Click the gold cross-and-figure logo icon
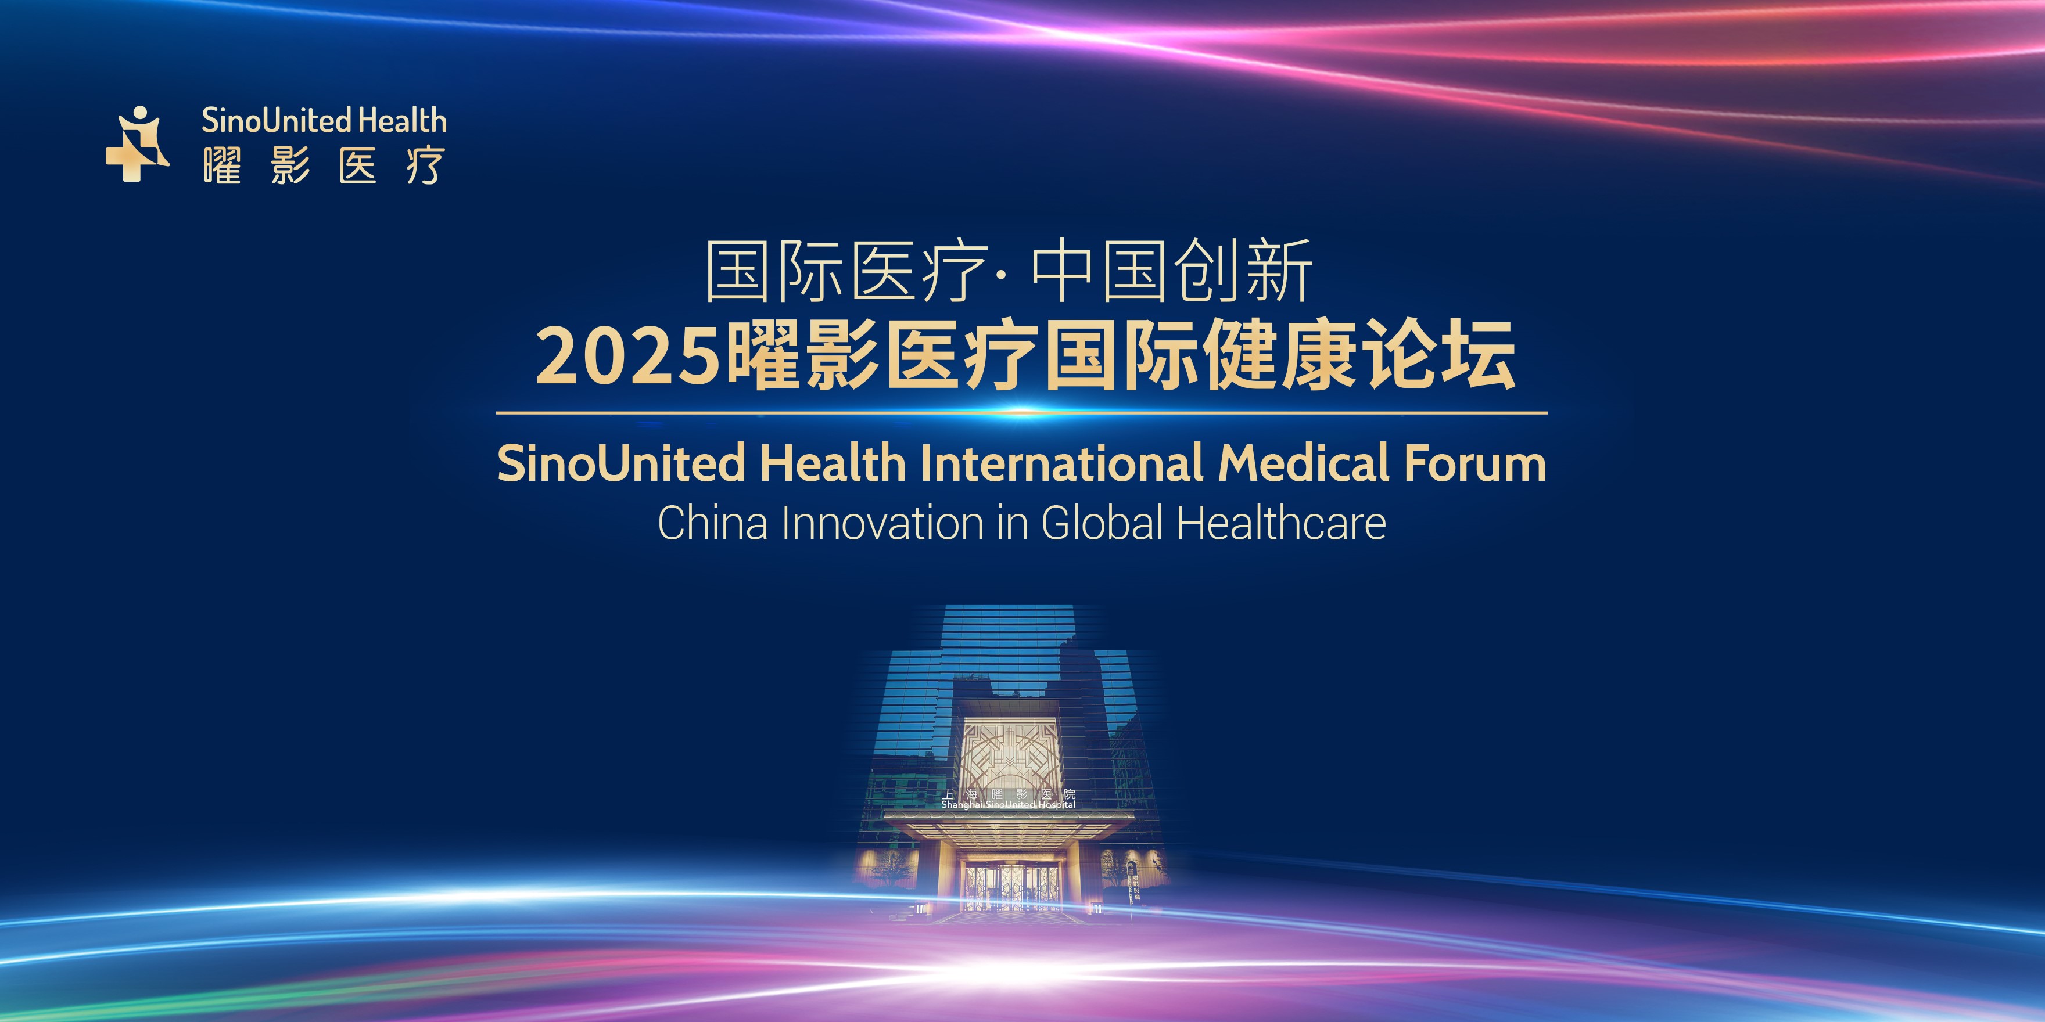pyautogui.click(x=137, y=145)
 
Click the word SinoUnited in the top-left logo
pyautogui.click(x=275, y=121)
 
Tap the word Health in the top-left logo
pyautogui.click(x=403, y=121)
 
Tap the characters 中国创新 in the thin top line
pyautogui.click(x=1172, y=271)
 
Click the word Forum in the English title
pyautogui.click(x=1474, y=463)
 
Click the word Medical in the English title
pyautogui.click(x=1304, y=463)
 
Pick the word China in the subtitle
pyautogui.click(x=712, y=524)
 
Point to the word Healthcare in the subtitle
pyautogui.click(x=1280, y=524)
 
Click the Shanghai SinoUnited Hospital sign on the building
pyautogui.click(x=1008, y=799)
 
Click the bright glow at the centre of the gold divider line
pyautogui.click(x=1022, y=413)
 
